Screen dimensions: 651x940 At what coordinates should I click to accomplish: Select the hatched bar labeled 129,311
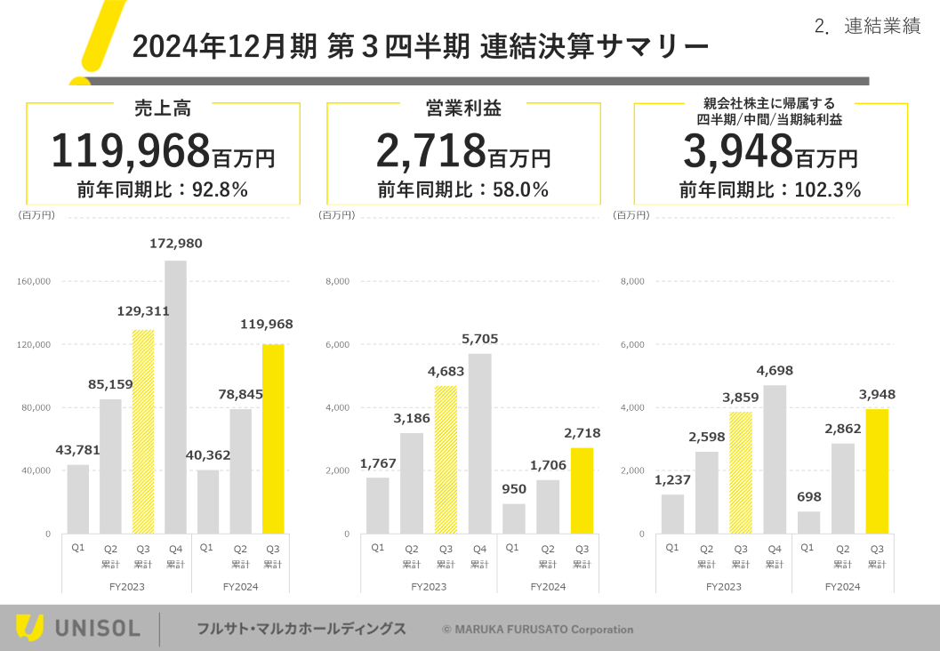click(x=143, y=431)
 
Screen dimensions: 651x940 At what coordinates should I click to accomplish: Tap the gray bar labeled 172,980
click(x=175, y=397)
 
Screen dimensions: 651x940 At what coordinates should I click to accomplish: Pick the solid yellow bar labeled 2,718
click(x=582, y=490)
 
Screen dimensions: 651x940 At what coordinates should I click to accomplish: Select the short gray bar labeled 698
click(x=808, y=522)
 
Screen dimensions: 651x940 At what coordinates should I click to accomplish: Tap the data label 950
click(x=514, y=488)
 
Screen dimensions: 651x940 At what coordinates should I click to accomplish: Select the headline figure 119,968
click(x=130, y=151)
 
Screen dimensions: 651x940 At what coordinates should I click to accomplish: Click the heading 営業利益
click(x=463, y=108)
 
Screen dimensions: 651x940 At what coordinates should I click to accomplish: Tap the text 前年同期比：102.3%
click(x=770, y=189)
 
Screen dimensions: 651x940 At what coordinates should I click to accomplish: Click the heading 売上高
click(x=163, y=108)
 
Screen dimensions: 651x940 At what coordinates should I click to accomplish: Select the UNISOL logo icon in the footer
click(x=29, y=628)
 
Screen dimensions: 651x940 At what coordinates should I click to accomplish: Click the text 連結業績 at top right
click(x=881, y=27)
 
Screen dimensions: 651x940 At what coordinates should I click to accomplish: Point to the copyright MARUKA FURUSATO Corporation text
click(x=538, y=630)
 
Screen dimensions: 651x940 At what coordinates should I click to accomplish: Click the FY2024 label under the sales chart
click(x=240, y=587)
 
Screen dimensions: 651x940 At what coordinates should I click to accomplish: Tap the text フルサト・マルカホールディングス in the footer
click(x=301, y=629)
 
